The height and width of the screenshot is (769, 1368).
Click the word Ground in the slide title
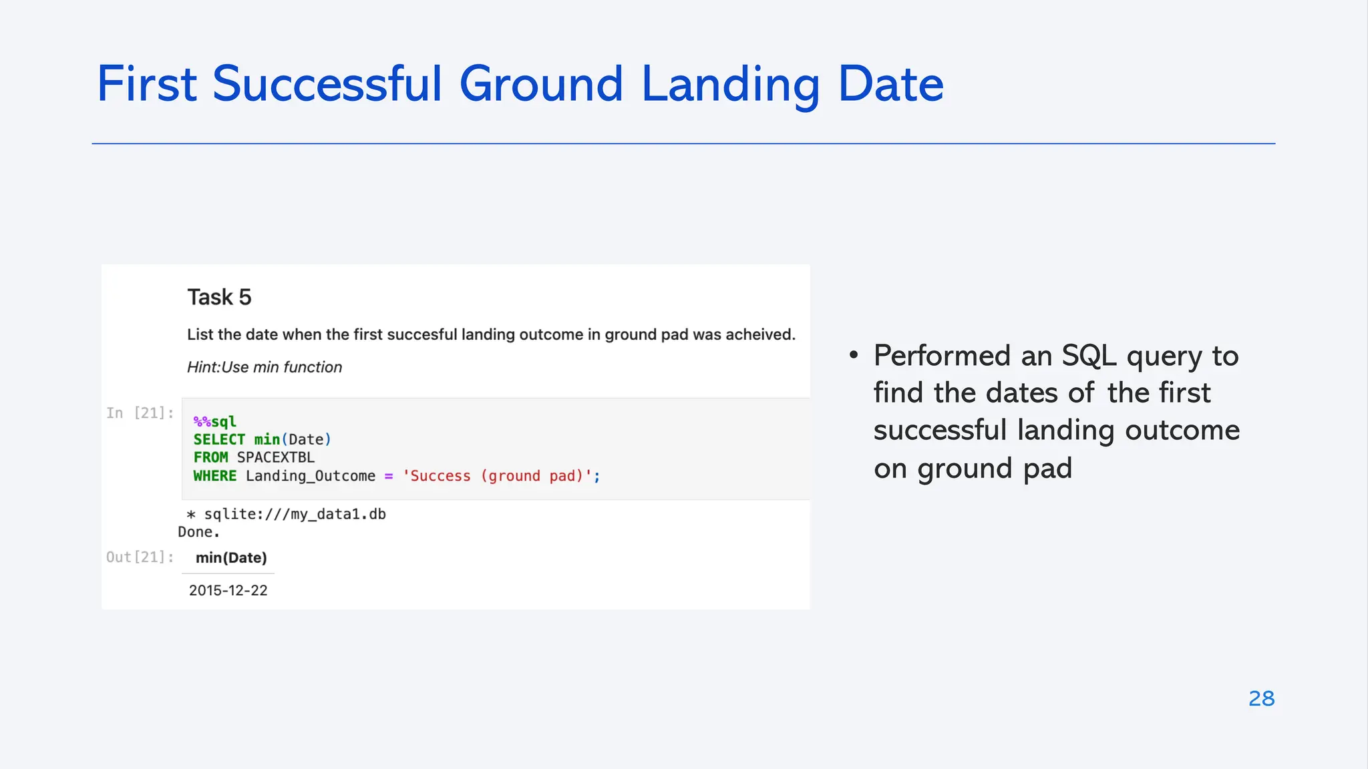pyautogui.click(x=541, y=85)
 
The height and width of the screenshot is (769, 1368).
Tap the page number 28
pyautogui.click(x=1261, y=698)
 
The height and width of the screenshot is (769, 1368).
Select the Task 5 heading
pyautogui.click(x=219, y=297)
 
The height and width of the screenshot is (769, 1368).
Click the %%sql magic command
pyautogui.click(x=214, y=421)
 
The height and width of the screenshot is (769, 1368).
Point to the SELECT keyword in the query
pyautogui.click(x=219, y=439)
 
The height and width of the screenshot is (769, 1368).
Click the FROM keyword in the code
pyautogui.click(x=210, y=457)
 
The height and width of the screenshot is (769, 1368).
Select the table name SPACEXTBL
pyautogui.click(x=275, y=457)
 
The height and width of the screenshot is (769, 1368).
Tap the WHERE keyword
pyautogui.click(x=214, y=476)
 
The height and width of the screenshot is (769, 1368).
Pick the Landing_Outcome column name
pyautogui.click(x=310, y=476)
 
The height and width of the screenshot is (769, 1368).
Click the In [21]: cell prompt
pyautogui.click(x=140, y=413)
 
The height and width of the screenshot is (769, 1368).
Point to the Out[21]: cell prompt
pyautogui.click(x=140, y=557)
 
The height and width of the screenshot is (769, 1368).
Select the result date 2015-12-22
pyautogui.click(x=228, y=590)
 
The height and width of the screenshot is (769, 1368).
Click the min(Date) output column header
pyautogui.click(x=231, y=557)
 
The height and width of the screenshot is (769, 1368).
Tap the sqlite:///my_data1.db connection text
pyautogui.click(x=294, y=514)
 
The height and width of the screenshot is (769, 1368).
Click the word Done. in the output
pyautogui.click(x=198, y=532)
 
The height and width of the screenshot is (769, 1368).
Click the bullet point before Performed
pyautogui.click(x=854, y=355)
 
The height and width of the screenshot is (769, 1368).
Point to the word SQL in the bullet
pyautogui.click(x=1088, y=355)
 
